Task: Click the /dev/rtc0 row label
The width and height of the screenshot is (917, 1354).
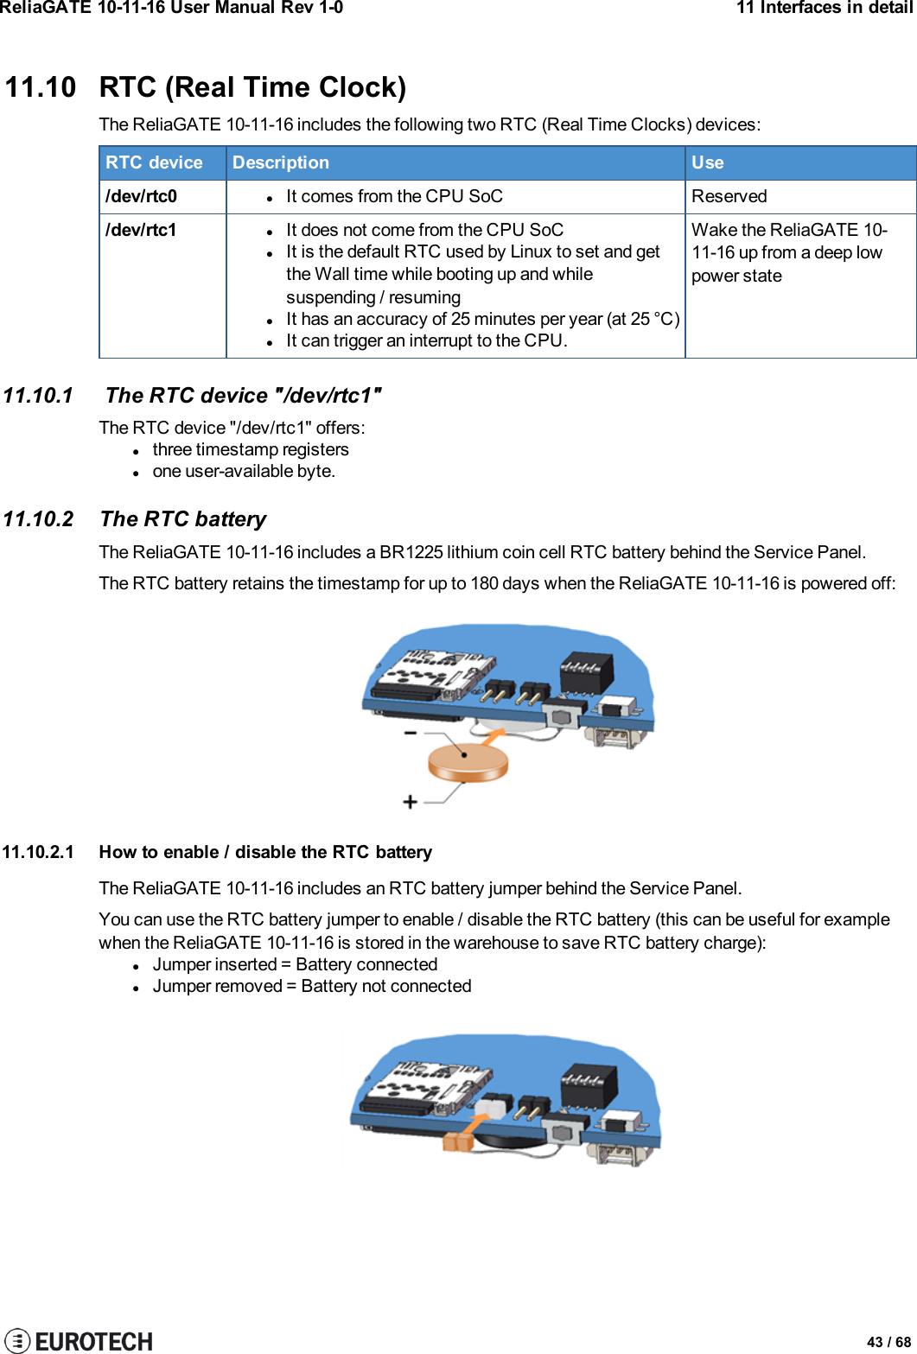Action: [141, 196]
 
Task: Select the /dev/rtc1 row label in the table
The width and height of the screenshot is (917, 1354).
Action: [141, 230]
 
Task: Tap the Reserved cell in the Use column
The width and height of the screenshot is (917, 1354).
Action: [729, 196]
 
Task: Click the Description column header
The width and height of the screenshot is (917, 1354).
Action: [281, 162]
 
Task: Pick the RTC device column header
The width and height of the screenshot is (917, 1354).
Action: [154, 162]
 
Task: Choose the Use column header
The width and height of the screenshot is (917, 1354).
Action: [707, 162]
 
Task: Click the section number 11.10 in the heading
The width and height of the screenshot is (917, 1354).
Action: [41, 87]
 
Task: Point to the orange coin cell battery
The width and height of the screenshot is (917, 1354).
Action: [468, 760]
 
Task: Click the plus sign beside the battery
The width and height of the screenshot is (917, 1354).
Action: [410, 802]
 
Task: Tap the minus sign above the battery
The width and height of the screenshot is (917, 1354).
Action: [410, 733]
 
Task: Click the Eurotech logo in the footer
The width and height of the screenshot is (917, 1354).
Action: [79, 1340]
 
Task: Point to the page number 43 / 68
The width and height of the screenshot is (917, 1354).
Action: [888, 1342]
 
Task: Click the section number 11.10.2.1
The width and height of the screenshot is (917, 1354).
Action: [38, 852]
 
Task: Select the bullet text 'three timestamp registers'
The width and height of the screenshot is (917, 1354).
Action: [251, 449]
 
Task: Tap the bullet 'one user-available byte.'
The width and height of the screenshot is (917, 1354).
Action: [244, 471]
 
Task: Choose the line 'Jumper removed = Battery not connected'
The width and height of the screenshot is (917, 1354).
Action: [312, 986]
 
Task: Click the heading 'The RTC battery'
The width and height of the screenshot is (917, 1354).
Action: [183, 518]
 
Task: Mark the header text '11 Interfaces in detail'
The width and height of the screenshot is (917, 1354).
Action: [824, 8]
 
